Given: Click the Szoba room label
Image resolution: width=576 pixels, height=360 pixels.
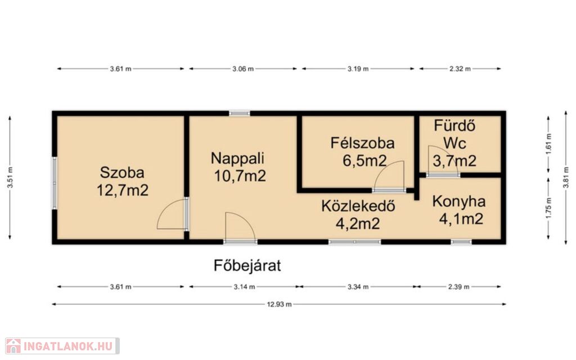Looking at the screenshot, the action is point(122,172).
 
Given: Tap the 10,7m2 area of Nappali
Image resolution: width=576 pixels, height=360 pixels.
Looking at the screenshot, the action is point(240,176).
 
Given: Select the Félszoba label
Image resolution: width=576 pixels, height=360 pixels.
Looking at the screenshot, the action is point(362,143).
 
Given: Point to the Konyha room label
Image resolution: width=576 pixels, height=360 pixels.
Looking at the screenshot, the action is point(459,201).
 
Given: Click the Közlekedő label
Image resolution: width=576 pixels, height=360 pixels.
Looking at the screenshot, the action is point(358,206).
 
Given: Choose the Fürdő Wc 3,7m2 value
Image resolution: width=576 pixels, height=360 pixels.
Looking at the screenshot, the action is point(454,161).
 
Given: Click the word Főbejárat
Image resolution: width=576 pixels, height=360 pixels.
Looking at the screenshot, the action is point(247,265).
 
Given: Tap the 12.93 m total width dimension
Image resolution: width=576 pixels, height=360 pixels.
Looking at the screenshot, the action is point(279,304).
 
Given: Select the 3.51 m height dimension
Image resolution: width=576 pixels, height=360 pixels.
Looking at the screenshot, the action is point(10,178).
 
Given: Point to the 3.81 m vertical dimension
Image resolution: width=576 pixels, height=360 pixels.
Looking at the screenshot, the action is point(566,178).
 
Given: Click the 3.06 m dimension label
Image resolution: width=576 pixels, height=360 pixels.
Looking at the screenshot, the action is point(243,69).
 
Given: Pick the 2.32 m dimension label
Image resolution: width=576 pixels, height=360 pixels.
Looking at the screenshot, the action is point(460,69).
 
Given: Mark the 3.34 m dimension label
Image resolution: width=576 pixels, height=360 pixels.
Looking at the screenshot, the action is point(358,287).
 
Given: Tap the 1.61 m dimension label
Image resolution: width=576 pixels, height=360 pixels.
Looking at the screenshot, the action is point(549,143).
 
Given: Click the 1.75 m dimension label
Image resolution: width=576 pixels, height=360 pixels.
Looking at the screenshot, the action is point(549,208).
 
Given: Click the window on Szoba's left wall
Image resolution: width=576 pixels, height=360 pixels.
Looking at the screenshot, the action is point(55,183).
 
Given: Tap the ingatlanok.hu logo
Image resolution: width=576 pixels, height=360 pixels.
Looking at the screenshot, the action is point(62,346).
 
